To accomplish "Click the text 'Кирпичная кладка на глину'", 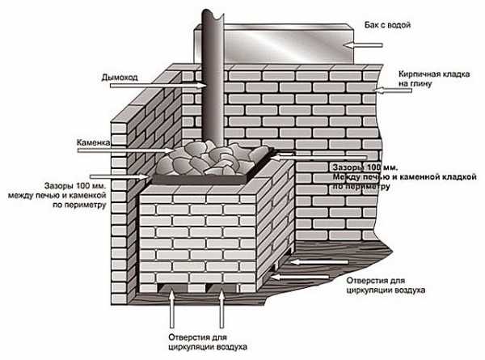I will click(x=434, y=78).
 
